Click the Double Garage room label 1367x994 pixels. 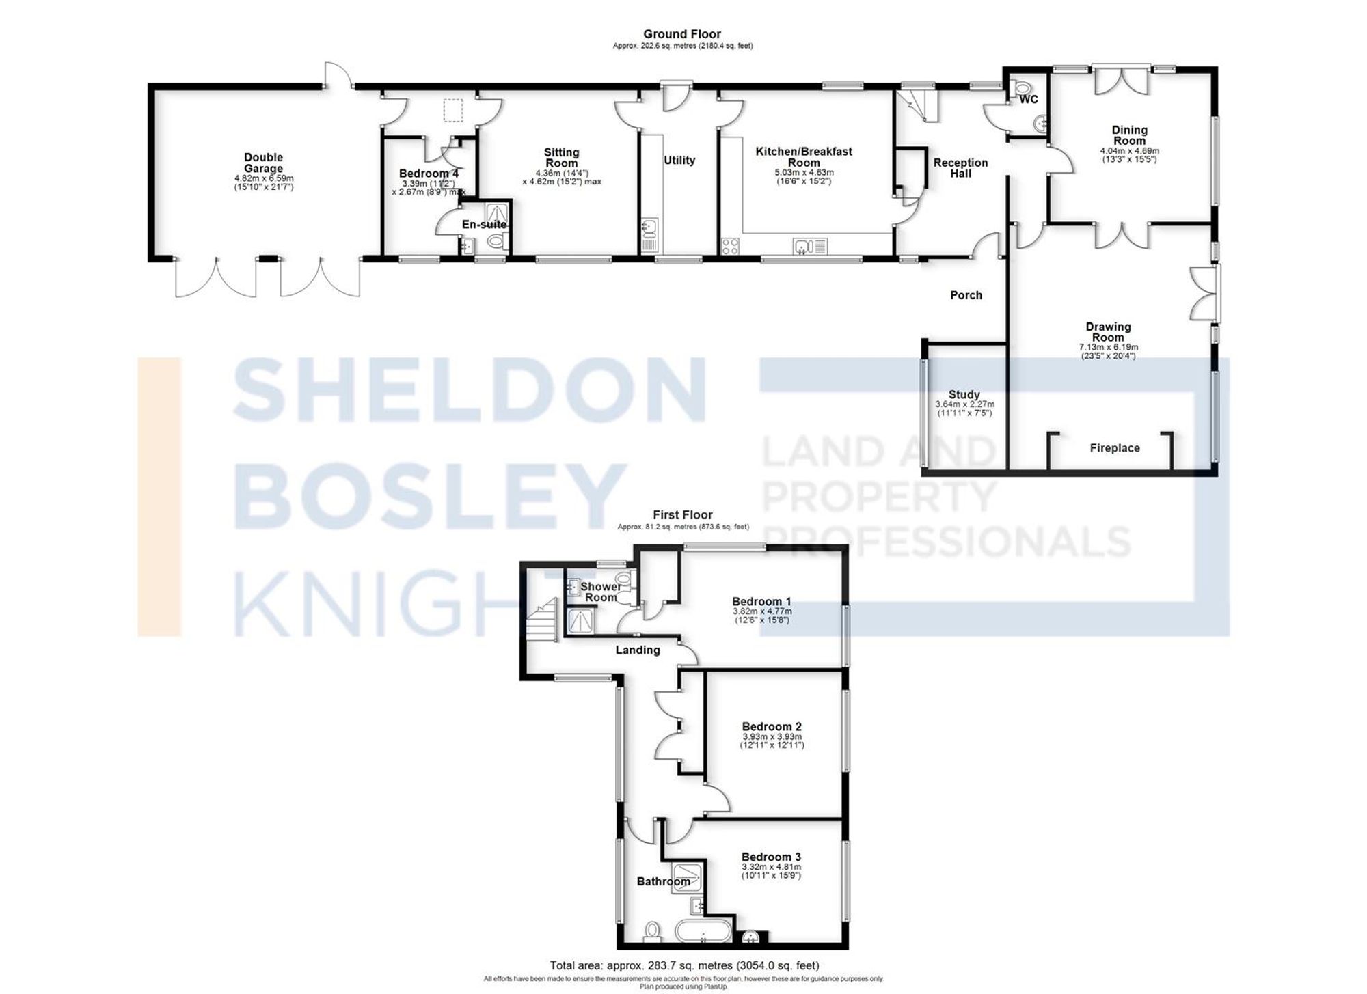tap(263, 163)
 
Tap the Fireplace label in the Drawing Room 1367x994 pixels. tap(1114, 448)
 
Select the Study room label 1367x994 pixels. tap(964, 395)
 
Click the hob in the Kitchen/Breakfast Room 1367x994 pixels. tap(730, 246)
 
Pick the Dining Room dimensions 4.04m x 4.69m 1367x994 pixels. tap(1129, 151)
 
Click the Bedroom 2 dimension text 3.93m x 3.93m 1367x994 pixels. tap(772, 737)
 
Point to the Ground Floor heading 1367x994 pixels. tap(681, 34)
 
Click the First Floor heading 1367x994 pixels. tap(682, 515)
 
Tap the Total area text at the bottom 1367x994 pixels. tap(683, 965)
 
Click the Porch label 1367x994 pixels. tap(966, 295)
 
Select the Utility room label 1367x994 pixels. tap(679, 160)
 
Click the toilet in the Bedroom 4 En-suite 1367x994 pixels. tap(497, 242)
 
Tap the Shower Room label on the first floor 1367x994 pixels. tap(601, 592)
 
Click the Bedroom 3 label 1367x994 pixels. tap(771, 857)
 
